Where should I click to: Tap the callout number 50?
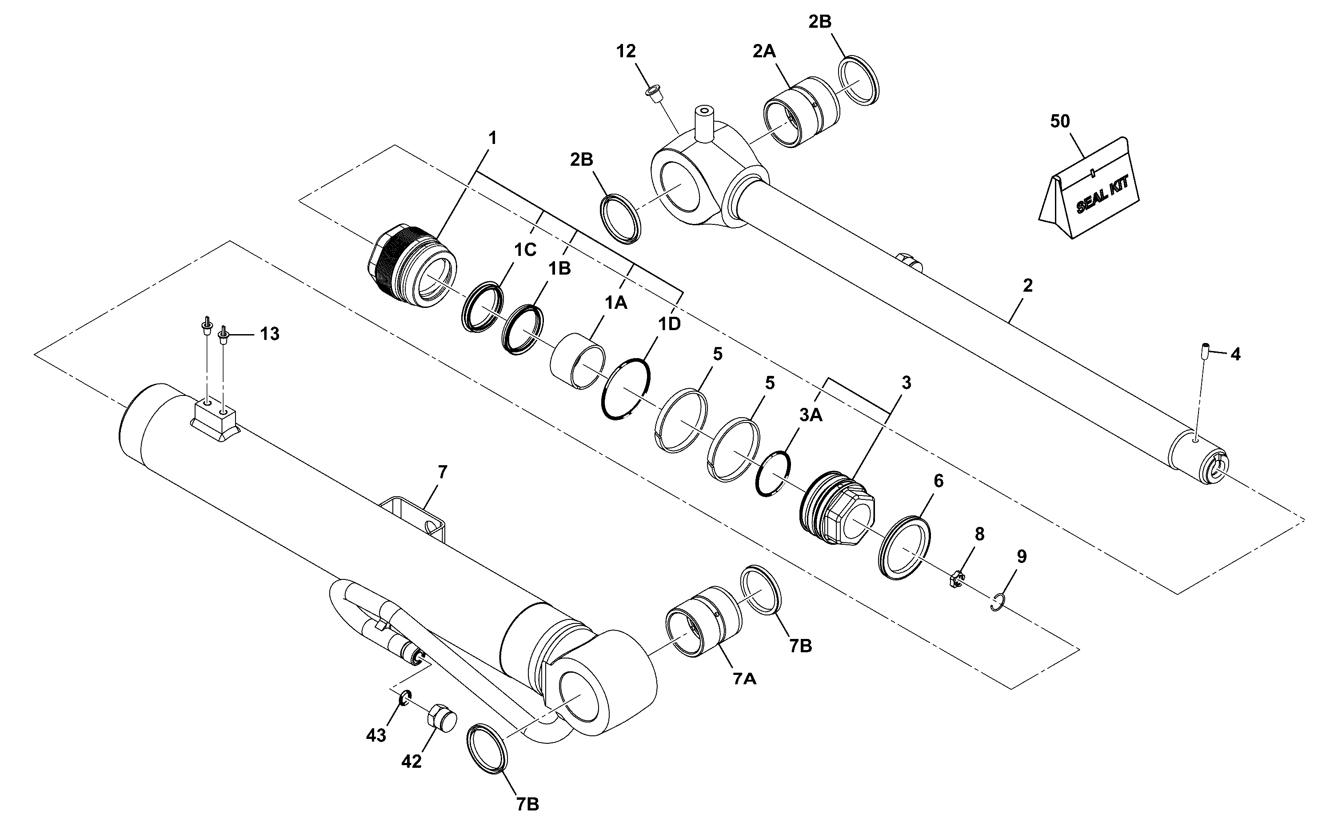coord(1060,121)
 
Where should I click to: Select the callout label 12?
coord(626,51)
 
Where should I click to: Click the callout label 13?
coord(269,333)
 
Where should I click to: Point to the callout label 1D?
coord(669,324)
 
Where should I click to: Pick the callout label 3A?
coord(811,415)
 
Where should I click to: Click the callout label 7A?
coord(744,678)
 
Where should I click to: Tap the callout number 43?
coord(375,735)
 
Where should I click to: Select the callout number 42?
coord(411,762)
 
